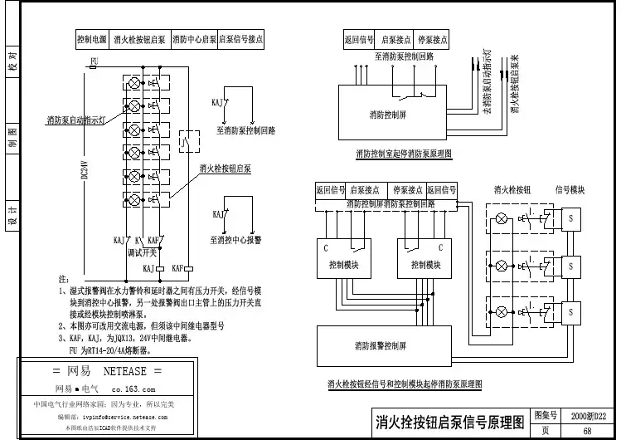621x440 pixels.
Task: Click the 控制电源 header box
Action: [x=91, y=39]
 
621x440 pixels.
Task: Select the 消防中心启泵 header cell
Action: [x=193, y=39]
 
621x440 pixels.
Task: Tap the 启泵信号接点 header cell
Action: [x=240, y=39]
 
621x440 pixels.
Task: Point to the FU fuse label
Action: [x=94, y=61]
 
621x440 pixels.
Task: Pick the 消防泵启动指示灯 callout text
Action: [x=75, y=120]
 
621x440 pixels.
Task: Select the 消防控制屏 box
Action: [x=388, y=114]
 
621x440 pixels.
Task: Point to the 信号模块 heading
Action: [x=570, y=189]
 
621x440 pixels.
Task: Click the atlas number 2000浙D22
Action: [x=589, y=415]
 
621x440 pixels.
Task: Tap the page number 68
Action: [x=588, y=431]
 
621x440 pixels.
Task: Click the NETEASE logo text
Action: [x=107, y=370]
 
